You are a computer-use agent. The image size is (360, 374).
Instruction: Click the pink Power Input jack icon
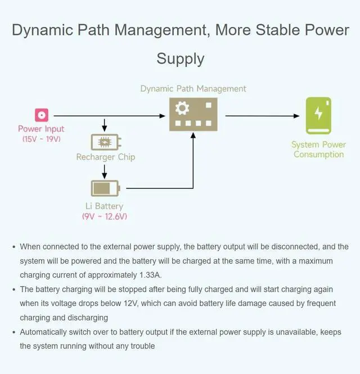click(41, 115)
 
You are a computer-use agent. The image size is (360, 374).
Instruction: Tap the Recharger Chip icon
click(106, 142)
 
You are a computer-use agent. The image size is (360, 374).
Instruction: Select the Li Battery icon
click(105, 187)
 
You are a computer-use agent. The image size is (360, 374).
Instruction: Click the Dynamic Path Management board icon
click(193, 114)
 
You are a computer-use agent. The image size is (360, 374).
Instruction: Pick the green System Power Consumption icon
click(318, 116)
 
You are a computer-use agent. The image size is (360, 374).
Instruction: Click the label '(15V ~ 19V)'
click(41, 138)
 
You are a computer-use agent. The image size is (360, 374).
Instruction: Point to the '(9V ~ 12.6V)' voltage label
click(105, 216)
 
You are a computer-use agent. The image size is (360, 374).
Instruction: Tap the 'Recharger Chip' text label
click(106, 157)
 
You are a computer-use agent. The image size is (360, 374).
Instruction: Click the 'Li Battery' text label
click(104, 206)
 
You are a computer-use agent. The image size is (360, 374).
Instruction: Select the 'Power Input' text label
click(41, 129)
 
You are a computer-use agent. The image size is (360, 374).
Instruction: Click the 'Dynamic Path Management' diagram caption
click(193, 89)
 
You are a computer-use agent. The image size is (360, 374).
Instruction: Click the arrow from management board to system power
click(262, 116)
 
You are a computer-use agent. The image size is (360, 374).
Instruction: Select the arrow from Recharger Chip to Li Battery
click(105, 170)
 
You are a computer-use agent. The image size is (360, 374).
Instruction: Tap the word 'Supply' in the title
click(180, 58)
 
